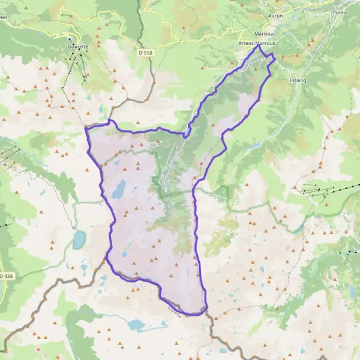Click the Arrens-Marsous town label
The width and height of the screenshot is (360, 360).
(x=258, y=44)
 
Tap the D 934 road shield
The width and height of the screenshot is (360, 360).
(x=5, y=275)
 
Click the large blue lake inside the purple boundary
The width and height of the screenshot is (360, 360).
(x=118, y=189)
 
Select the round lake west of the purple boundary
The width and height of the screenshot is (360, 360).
(x=79, y=240)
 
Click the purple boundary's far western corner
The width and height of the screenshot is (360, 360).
(x=86, y=128)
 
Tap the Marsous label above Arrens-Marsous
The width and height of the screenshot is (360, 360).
(x=264, y=34)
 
